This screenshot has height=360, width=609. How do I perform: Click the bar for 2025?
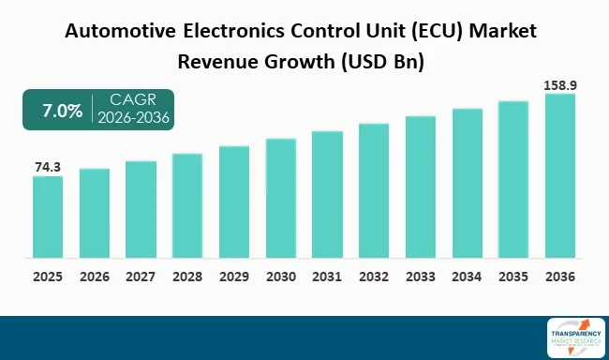(48, 217)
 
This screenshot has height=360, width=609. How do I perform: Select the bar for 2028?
(187, 205)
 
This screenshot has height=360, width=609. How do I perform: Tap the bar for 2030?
(281, 198)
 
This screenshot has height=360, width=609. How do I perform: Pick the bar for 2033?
(421, 187)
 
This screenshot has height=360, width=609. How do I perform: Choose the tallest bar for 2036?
(560, 175)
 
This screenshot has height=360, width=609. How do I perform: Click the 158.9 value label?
(560, 85)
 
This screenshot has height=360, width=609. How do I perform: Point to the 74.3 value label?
(48, 167)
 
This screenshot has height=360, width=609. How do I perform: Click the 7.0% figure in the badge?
(61, 111)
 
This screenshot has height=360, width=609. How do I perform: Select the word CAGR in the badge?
(133, 100)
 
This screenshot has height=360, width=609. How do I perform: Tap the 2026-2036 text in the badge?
(133, 119)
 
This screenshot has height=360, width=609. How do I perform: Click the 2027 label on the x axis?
(141, 277)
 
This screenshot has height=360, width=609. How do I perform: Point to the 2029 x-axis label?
(234, 277)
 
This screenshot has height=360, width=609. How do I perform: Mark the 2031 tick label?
(327, 277)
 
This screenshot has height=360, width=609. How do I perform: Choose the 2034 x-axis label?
(467, 277)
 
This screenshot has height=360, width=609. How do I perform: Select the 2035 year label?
(513, 277)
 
